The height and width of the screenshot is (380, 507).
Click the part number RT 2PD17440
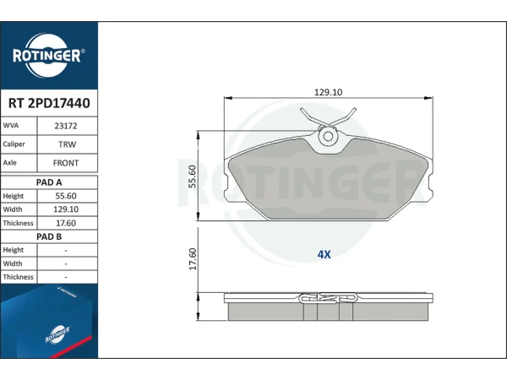(49, 103)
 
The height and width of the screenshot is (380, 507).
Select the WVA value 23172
(66, 126)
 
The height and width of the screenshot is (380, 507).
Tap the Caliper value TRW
(68, 144)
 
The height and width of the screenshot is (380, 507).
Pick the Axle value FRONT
(66, 163)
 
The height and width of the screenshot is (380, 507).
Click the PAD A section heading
(49, 182)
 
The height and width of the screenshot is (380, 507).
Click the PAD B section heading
(49, 236)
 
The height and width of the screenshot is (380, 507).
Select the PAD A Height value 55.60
(66, 196)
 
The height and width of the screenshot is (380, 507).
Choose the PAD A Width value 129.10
(66, 209)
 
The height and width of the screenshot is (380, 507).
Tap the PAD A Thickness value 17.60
(66, 223)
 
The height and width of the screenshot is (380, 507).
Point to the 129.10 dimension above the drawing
(328, 92)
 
